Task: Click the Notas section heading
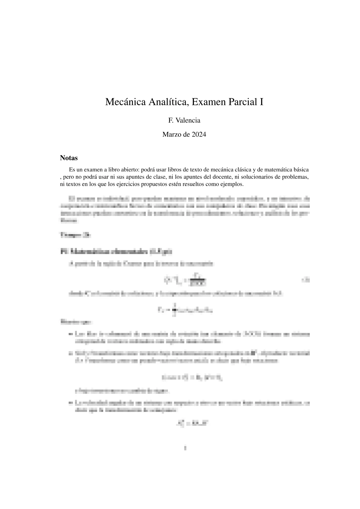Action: click(69, 158)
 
